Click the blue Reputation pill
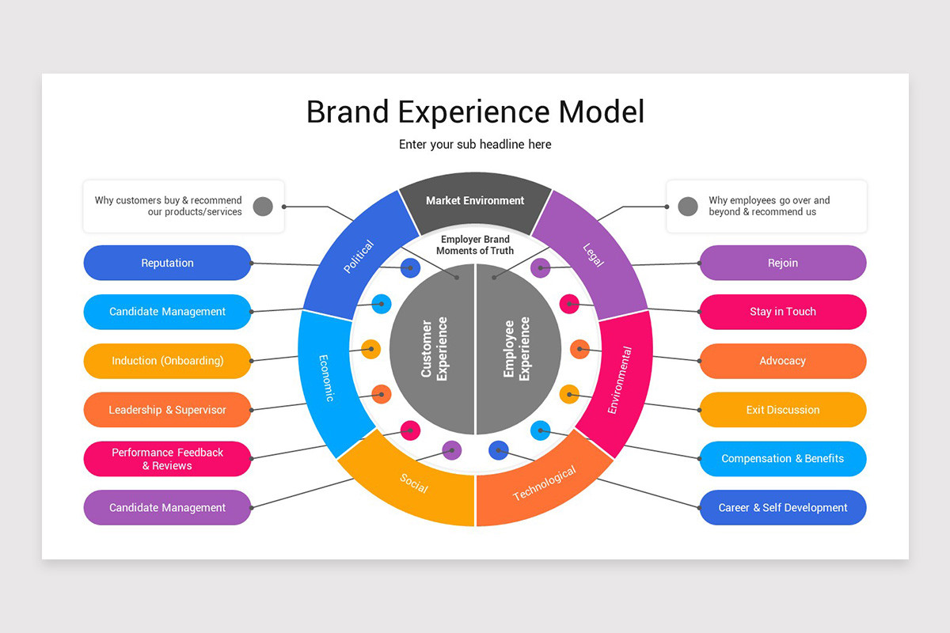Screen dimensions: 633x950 coord(167,263)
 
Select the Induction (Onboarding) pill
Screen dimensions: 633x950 coord(167,361)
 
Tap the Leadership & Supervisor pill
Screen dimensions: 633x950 coord(167,410)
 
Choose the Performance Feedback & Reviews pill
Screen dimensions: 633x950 coord(167,459)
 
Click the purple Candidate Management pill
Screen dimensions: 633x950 coord(167,508)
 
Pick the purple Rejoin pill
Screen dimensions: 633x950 coord(782,263)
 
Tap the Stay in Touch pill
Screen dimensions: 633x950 coord(782,312)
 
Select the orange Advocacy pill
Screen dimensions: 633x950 coord(782,361)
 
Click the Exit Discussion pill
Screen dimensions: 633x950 coord(782,410)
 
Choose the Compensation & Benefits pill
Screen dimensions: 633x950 coord(782,459)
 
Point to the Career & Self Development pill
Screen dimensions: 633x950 coord(782,508)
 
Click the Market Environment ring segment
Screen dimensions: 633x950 coord(475,200)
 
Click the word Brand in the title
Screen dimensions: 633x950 coord(348,112)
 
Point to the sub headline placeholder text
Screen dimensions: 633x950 coord(475,145)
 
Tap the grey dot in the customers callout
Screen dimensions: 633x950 coord(263,207)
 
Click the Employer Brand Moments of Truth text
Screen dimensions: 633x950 coord(475,244)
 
